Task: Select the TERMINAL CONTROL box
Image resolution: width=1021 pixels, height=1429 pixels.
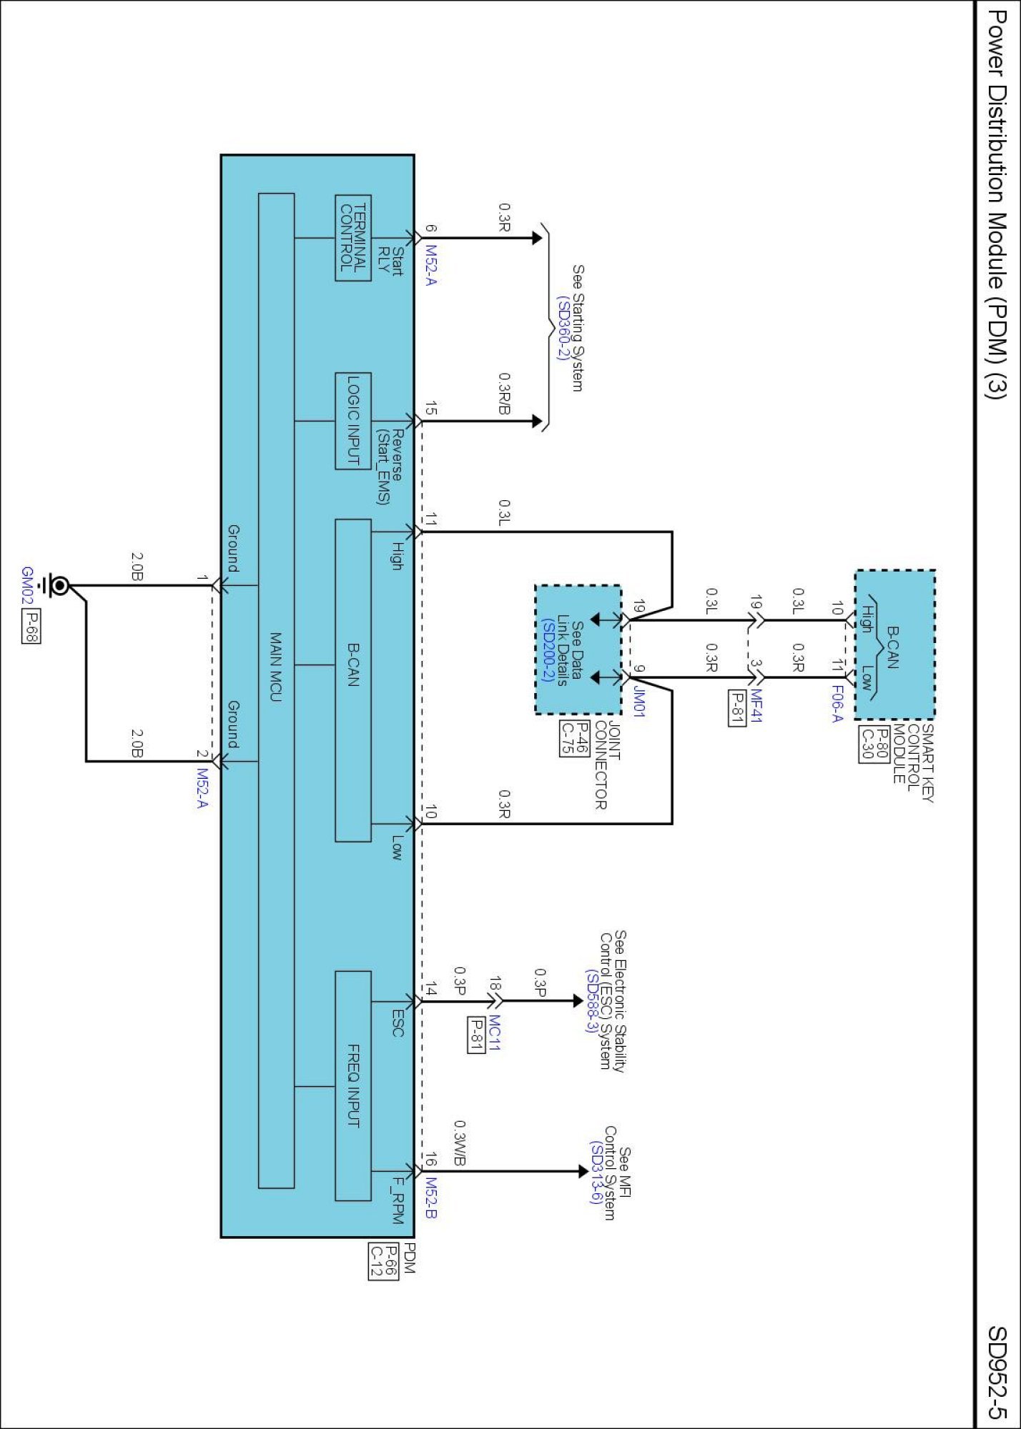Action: click(353, 238)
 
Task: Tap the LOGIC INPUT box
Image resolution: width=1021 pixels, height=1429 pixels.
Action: click(353, 421)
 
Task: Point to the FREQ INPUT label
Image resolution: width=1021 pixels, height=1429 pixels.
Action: click(353, 1085)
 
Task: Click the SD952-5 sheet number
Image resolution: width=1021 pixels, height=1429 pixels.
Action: click(997, 1372)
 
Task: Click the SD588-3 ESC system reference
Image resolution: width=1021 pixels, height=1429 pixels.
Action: click(591, 1000)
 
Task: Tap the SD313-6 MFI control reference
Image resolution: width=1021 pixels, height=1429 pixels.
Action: click(594, 1172)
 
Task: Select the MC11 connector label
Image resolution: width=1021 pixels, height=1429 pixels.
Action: click(495, 1032)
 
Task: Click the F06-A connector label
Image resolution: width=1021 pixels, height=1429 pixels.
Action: click(837, 703)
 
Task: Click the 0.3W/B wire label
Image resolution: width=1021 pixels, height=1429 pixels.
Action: click(460, 1144)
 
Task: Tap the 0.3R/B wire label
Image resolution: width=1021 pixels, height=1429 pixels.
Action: click(505, 392)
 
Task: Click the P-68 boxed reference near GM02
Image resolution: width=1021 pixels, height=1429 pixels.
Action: click(30, 626)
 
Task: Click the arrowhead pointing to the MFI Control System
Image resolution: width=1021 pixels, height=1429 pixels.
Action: click(582, 1172)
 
